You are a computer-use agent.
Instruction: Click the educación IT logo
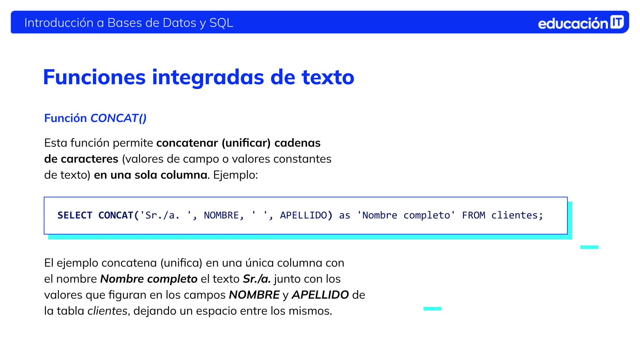click(x=581, y=23)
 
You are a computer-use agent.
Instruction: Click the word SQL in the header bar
click(x=221, y=23)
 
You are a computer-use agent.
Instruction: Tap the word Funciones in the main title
click(x=94, y=77)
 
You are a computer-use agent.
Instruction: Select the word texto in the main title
click(x=328, y=77)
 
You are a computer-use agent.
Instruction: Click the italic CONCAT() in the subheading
click(x=118, y=118)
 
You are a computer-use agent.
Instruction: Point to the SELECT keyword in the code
click(x=75, y=215)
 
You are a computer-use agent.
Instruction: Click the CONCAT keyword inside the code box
click(x=116, y=215)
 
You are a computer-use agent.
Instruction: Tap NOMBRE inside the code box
click(x=221, y=215)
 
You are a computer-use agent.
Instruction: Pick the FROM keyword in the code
click(x=473, y=215)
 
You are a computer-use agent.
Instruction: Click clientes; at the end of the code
click(x=517, y=215)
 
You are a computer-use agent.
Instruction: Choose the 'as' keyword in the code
click(x=344, y=215)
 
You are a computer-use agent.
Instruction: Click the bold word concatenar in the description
click(x=187, y=143)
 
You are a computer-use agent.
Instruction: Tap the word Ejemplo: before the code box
click(x=236, y=175)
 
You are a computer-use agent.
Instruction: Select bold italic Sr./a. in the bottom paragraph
click(x=257, y=279)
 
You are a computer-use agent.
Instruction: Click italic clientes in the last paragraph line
click(x=107, y=311)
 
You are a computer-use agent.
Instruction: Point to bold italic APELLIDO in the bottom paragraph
click(x=320, y=295)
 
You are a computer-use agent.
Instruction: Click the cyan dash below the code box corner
click(x=589, y=247)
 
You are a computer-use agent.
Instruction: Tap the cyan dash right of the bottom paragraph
click(x=432, y=309)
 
